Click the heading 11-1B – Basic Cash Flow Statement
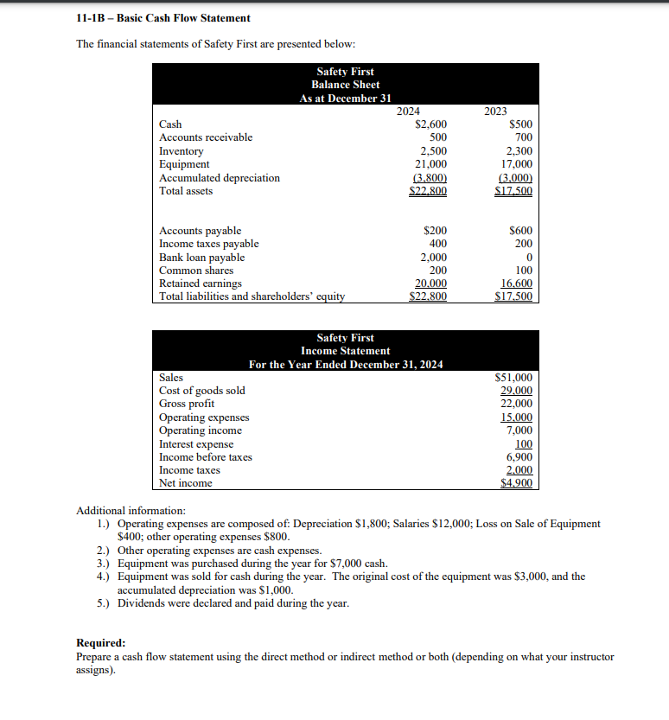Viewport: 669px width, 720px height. click(163, 17)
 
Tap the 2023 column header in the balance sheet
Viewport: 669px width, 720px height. click(496, 112)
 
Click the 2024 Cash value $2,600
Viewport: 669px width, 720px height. click(430, 124)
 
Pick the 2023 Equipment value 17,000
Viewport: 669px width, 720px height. click(518, 164)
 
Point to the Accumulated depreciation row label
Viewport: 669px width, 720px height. click(220, 178)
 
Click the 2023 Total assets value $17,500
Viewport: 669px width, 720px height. click(515, 191)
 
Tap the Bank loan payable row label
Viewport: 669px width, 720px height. click(201, 258)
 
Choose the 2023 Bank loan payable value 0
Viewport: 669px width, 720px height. click(528, 258)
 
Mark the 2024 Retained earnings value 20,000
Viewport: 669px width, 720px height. click(430, 284)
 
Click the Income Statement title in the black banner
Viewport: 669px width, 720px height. click(345, 351)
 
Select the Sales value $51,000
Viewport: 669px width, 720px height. click(513, 378)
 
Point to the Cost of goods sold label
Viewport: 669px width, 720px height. click(202, 391)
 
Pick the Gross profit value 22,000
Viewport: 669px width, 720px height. click(517, 404)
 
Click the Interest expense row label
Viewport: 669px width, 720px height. click(196, 444)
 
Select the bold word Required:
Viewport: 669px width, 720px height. click(100, 643)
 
